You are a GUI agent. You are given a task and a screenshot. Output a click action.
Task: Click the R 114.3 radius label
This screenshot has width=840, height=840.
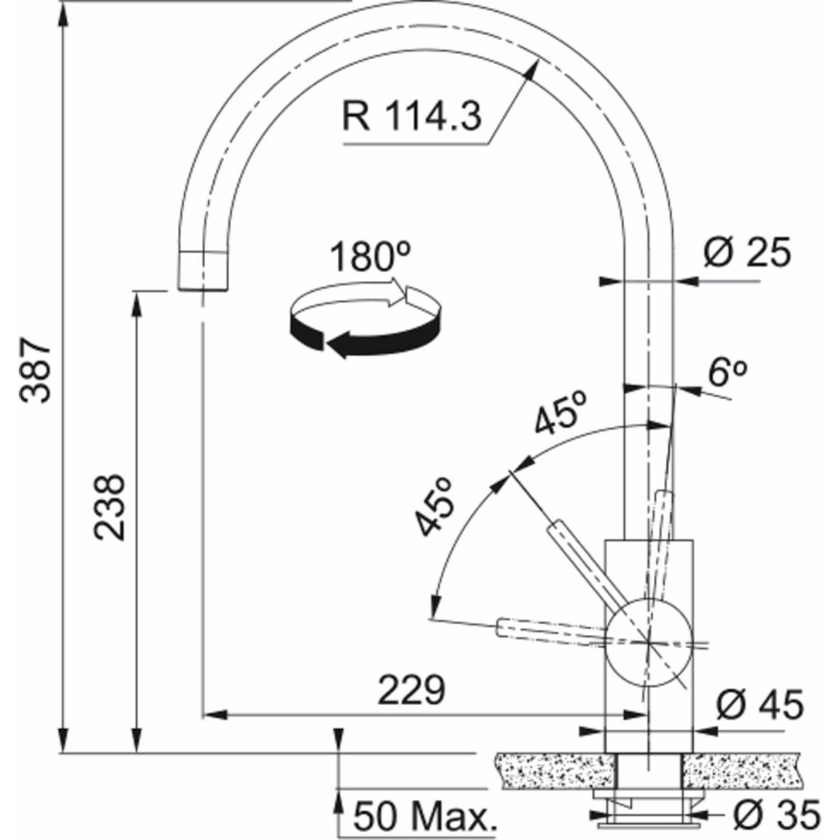pos(411,116)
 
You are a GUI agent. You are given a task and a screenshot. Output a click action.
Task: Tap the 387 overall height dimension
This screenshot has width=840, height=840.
pos(35,370)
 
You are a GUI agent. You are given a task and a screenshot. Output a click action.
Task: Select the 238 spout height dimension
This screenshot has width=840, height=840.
pos(109,506)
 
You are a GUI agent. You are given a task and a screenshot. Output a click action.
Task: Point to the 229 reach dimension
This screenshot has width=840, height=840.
pos(411,690)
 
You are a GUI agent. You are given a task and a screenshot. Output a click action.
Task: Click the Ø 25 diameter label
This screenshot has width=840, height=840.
pos(747,252)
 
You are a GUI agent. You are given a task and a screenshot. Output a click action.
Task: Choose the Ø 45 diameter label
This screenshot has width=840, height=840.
pos(759,705)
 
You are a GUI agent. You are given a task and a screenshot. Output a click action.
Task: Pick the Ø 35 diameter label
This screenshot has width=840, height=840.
pos(777,815)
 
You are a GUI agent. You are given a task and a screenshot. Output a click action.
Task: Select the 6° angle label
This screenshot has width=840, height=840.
pos(727,371)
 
